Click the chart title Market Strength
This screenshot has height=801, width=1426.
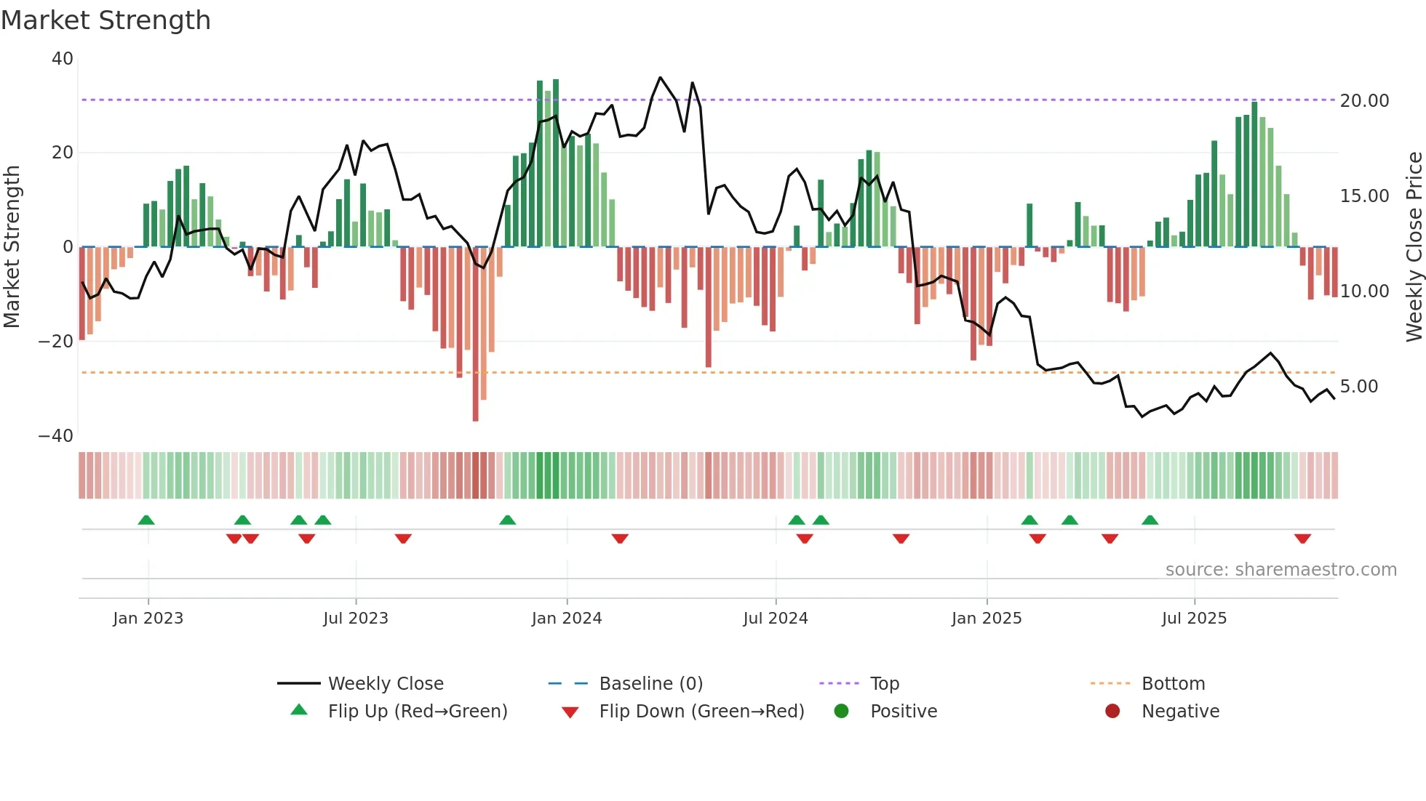click(x=105, y=20)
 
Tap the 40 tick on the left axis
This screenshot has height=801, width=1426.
click(x=63, y=59)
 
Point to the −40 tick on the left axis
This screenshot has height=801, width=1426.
click(x=56, y=436)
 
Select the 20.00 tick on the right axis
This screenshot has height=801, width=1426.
click(x=1364, y=101)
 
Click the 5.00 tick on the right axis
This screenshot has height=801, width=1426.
click(x=1359, y=387)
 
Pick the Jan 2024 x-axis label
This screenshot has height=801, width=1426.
click(x=567, y=619)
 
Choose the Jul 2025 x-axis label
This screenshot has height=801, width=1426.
click(x=1194, y=619)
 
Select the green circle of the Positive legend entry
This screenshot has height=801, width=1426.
click(x=842, y=712)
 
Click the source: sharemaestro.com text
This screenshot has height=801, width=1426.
click(x=1280, y=570)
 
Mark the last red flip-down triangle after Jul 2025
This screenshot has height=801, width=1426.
click(x=1302, y=539)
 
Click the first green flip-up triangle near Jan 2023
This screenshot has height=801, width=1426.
click(x=146, y=520)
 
